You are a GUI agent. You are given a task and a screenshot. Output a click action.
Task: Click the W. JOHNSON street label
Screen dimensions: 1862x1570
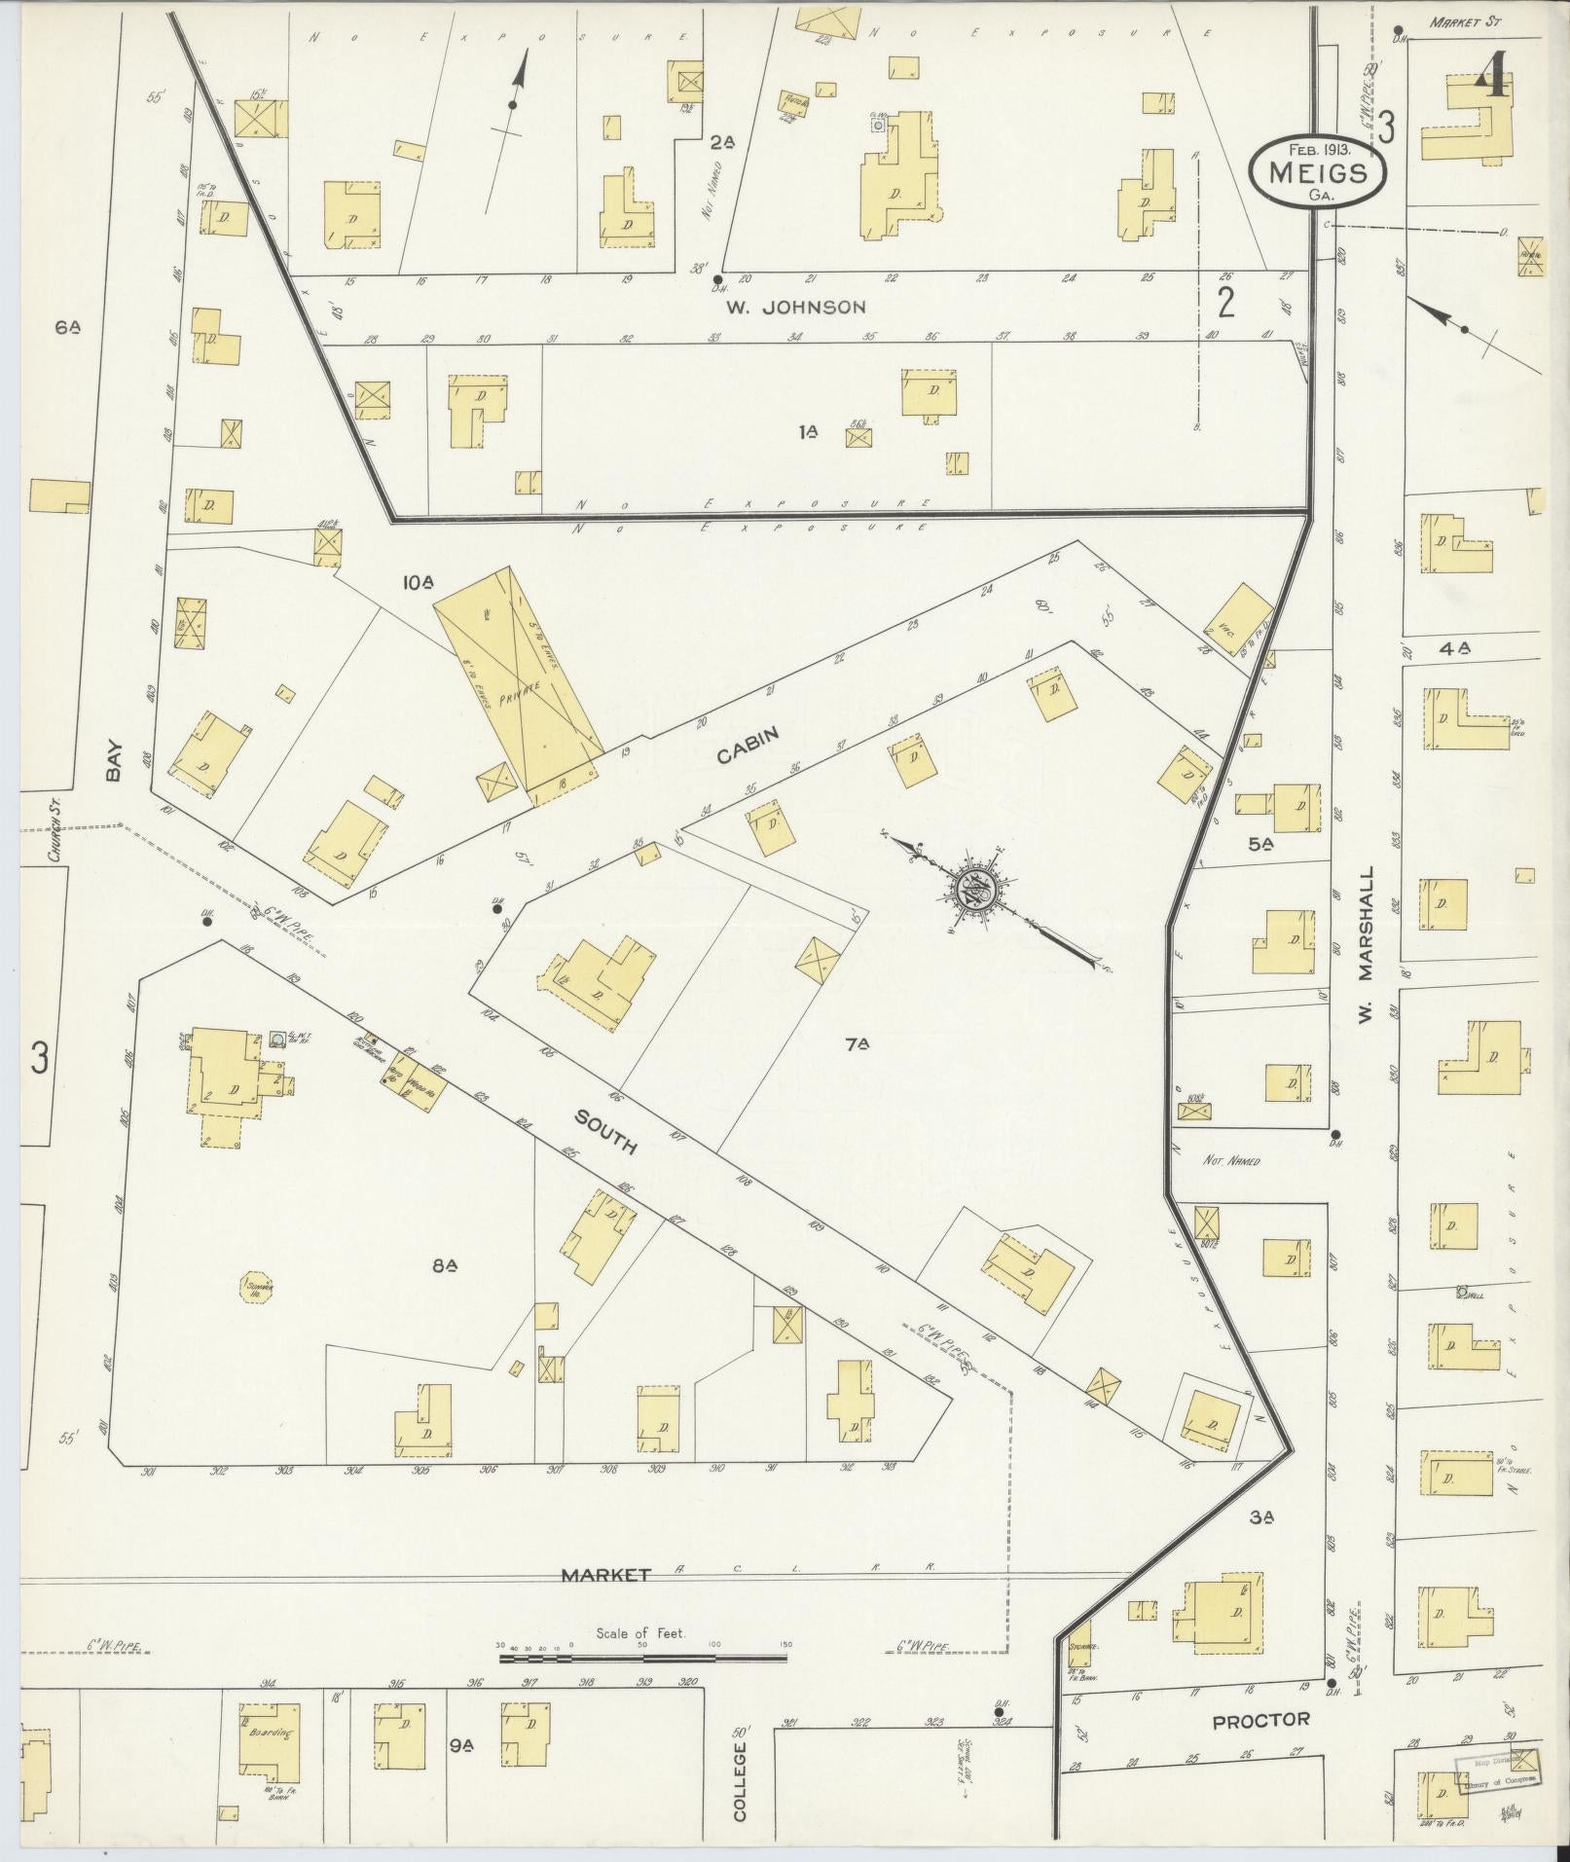tap(795, 308)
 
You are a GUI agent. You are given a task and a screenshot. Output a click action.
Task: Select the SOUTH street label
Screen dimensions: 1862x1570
tap(604, 1133)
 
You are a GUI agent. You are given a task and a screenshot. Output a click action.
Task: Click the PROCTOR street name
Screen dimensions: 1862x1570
tap(1260, 1720)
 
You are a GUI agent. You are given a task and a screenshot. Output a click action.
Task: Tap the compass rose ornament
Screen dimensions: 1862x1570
tap(976, 889)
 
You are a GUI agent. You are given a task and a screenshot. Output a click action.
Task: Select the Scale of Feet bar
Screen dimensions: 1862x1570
tap(642, 1657)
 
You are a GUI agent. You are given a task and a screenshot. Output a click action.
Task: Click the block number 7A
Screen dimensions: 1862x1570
tap(857, 1045)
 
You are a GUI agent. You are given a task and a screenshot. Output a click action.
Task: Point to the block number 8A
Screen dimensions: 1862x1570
tap(445, 1265)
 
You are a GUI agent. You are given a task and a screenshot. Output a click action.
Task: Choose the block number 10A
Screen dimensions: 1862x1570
tap(418, 582)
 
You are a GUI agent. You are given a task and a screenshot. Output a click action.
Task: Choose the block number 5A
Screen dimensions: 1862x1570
tap(1261, 845)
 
